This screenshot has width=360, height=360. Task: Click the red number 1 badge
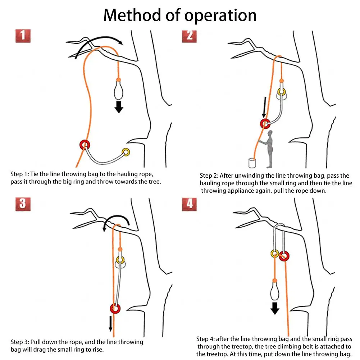[23, 36]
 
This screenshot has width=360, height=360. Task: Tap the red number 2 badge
[189, 35]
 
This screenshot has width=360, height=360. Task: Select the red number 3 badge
[23, 204]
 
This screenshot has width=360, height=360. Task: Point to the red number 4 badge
[189, 204]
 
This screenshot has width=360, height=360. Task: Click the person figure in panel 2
[269, 149]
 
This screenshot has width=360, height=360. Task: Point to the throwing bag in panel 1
[118, 90]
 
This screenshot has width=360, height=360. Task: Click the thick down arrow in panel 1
[119, 107]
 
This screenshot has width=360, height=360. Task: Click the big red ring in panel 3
[115, 309]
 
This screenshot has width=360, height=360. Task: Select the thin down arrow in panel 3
[111, 323]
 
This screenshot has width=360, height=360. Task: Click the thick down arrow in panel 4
[275, 308]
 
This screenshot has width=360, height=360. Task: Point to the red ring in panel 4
[284, 256]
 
